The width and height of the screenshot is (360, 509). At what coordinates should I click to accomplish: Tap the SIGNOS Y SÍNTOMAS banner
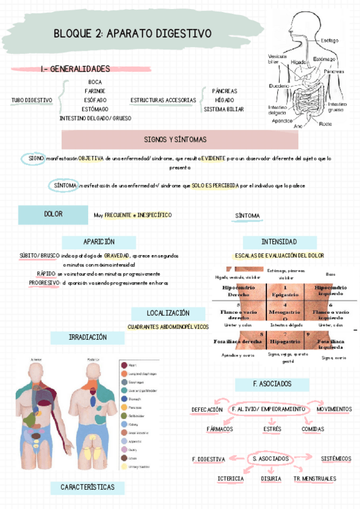(x=175, y=139)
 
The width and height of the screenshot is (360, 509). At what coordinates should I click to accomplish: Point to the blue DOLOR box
(x=53, y=214)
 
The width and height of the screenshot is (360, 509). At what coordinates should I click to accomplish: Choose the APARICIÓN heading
(x=99, y=241)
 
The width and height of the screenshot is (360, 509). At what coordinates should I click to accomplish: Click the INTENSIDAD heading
(x=278, y=241)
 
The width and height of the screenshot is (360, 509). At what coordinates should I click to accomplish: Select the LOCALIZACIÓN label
(x=168, y=313)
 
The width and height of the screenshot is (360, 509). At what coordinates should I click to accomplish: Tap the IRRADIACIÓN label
(x=88, y=337)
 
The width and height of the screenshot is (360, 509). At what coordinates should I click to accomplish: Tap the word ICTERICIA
(x=230, y=478)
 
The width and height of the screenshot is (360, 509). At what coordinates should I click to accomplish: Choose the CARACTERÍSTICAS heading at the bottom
(x=88, y=487)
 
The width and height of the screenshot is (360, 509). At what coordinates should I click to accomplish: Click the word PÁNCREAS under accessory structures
(x=224, y=91)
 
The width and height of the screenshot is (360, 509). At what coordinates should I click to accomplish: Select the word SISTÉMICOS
(x=335, y=459)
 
